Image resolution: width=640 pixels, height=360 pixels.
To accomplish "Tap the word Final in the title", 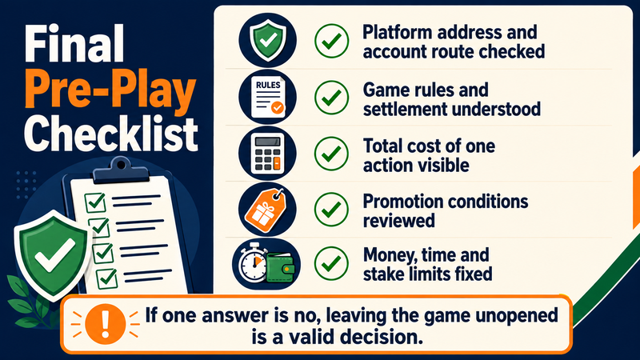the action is (74, 43).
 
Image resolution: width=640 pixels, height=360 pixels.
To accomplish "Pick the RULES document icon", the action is (268, 97).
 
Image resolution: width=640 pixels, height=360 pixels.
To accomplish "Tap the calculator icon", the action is (267, 154).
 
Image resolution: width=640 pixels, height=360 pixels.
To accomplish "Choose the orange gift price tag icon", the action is (266, 210).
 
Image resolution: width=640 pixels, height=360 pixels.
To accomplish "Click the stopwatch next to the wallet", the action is (253, 262).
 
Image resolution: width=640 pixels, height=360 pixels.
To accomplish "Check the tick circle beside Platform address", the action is (331, 41).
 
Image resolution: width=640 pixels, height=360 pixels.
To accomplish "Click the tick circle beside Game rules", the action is (331, 97).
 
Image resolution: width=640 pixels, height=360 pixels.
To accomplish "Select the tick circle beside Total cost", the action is (331, 154).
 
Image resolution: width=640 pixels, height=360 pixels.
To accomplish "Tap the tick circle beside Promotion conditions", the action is (331, 210).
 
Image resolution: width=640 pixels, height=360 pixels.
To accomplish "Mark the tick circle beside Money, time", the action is (331, 263).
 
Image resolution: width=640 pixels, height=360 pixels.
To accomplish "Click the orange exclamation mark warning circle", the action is (106, 325).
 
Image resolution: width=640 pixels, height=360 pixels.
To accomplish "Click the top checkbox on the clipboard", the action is (95, 202).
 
